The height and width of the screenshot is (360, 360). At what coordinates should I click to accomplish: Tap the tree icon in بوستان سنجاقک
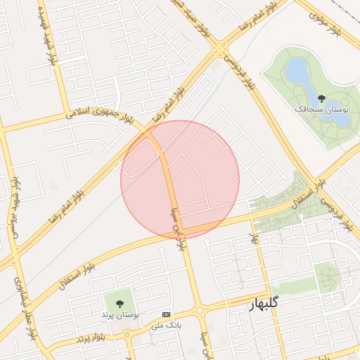pyautogui.click(x=321, y=98)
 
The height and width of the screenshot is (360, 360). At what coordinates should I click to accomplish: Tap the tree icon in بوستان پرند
pyautogui.click(x=120, y=304)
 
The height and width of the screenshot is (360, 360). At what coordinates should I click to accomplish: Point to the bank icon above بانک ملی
pyautogui.click(x=166, y=314)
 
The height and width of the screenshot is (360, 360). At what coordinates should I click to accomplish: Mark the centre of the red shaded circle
pyautogui.click(x=180, y=179)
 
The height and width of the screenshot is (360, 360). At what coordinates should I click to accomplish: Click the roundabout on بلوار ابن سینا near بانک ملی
pyautogui.click(x=199, y=309)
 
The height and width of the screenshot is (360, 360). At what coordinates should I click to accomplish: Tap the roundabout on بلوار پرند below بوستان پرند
pyautogui.click(x=128, y=333)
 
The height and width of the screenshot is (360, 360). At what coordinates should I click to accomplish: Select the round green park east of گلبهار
pyautogui.click(x=326, y=276)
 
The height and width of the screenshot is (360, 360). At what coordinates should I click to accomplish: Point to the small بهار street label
pyautogui.click(x=255, y=238)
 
